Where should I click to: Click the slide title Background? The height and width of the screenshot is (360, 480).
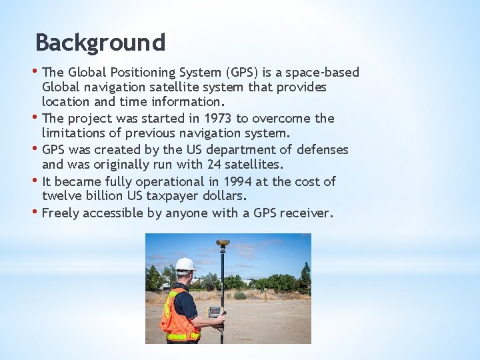[100, 43]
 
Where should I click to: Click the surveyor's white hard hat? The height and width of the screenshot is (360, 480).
[185, 264]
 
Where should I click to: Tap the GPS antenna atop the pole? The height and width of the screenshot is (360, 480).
[223, 243]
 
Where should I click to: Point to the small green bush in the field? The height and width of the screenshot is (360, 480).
[240, 295]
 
